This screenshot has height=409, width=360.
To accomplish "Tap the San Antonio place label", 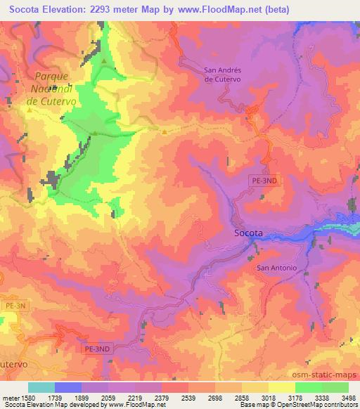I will (276, 268).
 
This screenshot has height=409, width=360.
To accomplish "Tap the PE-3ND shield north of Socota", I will (264, 180).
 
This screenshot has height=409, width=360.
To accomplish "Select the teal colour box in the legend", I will (41, 387).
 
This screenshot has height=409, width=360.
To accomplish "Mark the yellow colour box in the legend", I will (281, 387).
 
